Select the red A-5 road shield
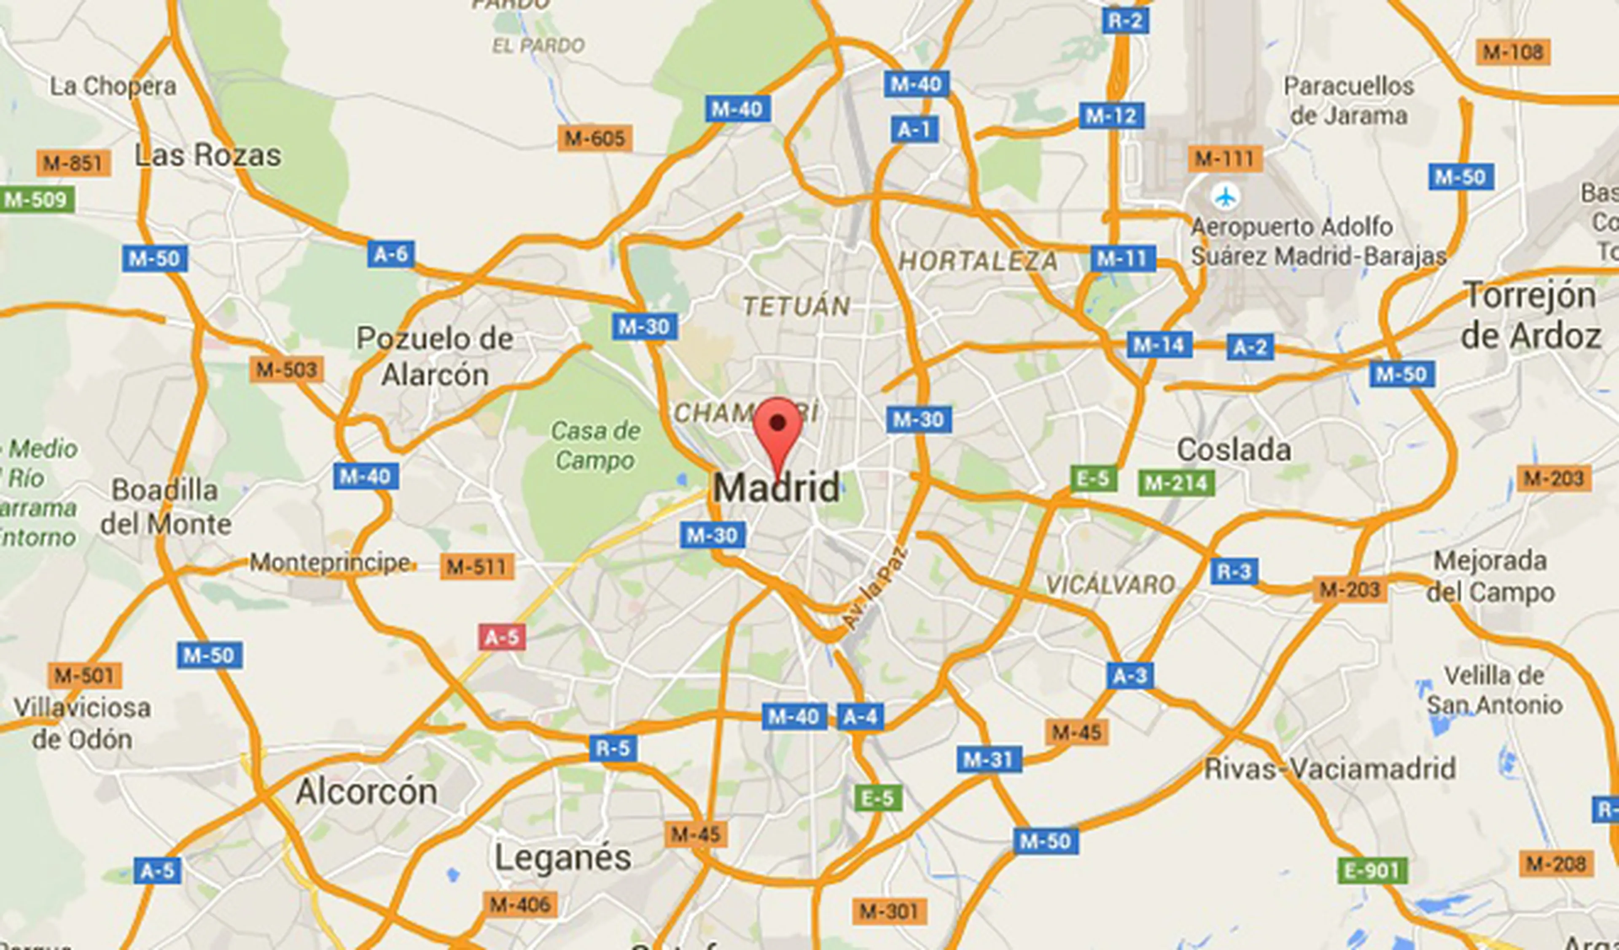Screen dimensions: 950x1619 click(502, 637)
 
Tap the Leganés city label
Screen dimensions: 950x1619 click(563, 858)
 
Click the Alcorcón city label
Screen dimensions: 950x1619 click(366, 791)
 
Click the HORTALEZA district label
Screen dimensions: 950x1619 click(978, 261)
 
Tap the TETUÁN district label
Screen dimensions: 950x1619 click(797, 306)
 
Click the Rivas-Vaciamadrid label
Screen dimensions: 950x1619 click(1330, 769)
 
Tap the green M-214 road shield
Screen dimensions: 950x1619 click(1176, 483)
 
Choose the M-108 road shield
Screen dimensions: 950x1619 click(1513, 52)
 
